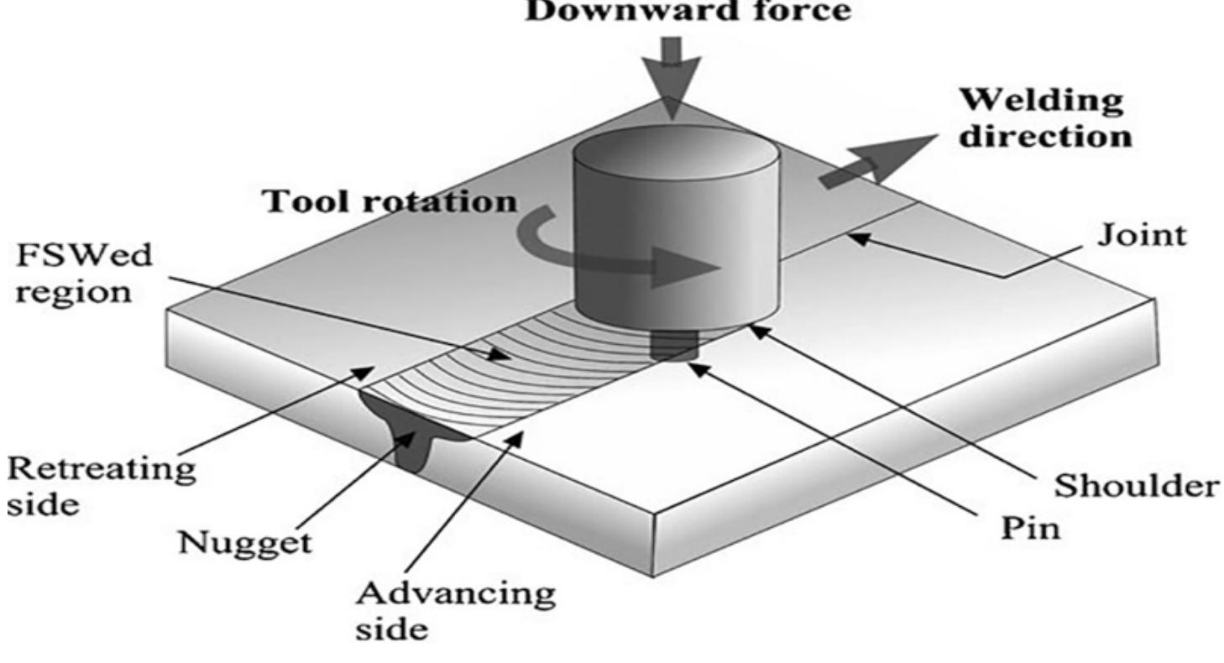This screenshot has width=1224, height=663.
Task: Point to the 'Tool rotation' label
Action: [390, 201]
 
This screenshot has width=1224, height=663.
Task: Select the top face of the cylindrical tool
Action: [675, 152]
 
